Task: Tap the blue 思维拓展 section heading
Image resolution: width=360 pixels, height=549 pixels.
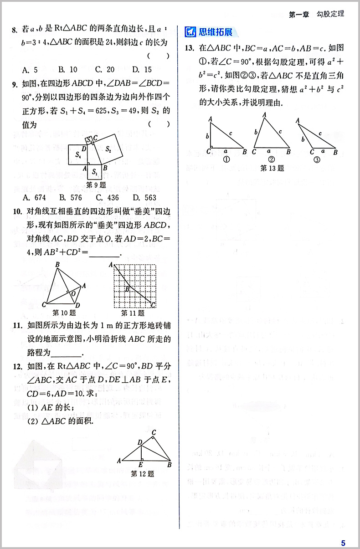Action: click(x=216, y=32)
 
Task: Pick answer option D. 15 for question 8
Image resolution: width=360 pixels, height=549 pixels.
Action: click(x=142, y=70)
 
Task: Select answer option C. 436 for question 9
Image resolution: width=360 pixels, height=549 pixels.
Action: click(x=107, y=198)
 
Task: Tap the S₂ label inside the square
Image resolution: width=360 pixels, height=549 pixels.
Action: click(x=108, y=148)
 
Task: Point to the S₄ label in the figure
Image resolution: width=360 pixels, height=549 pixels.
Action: click(x=78, y=155)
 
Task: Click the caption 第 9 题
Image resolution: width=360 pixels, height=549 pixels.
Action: click(x=96, y=185)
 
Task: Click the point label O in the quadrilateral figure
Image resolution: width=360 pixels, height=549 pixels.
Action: click(x=73, y=294)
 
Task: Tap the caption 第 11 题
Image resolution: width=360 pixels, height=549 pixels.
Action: click(x=133, y=313)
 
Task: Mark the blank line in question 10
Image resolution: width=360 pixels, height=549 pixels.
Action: click(x=104, y=255)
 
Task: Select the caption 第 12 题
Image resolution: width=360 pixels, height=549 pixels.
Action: click(x=142, y=473)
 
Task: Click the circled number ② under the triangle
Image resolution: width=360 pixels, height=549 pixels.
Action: click(x=272, y=159)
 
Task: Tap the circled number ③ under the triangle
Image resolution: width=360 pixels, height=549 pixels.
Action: click(x=317, y=159)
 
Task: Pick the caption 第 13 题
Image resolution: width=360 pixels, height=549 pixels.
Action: click(x=272, y=168)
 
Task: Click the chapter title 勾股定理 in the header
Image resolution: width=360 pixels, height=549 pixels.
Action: click(x=330, y=14)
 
